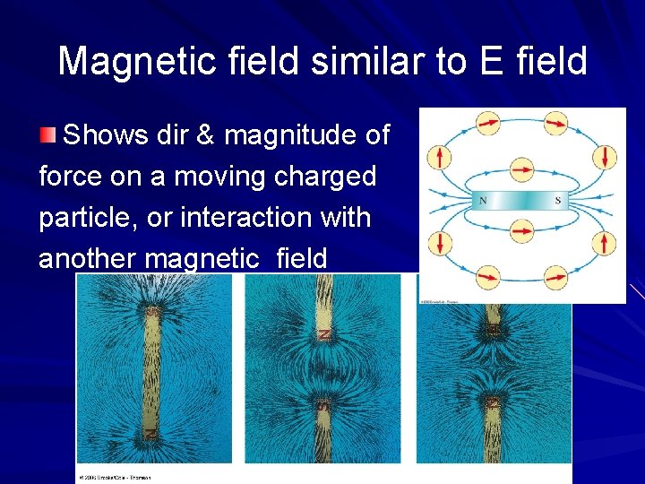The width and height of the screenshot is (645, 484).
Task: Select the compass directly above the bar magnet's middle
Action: click(521, 168)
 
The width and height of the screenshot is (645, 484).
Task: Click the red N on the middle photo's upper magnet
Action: click(324, 334)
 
